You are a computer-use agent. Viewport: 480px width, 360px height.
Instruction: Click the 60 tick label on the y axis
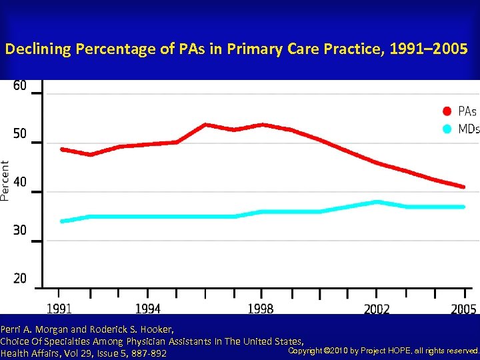(20, 86)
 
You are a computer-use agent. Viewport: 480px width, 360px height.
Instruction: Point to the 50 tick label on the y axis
(20, 134)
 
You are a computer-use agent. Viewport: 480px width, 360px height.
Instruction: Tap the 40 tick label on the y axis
(20, 182)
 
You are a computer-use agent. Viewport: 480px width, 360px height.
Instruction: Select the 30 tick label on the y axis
(20, 230)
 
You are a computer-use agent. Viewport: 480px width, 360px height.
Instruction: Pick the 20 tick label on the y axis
(20, 278)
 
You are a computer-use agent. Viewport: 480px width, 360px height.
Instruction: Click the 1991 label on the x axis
(60, 309)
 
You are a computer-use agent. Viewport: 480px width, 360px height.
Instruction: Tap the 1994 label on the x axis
(148, 309)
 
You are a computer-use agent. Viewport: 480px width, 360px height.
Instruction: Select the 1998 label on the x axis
(260, 309)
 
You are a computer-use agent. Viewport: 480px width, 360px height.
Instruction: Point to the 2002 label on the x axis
(377, 309)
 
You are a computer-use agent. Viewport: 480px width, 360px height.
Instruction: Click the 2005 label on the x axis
(463, 309)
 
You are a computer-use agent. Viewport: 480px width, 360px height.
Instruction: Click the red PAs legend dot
(448, 111)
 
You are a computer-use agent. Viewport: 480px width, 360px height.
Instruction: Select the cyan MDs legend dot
(448, 129)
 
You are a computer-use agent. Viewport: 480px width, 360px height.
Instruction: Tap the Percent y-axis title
(5, 180)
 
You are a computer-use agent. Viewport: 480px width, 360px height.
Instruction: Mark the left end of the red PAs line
(61, 149)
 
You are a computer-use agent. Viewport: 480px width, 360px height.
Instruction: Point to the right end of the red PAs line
(464, 187)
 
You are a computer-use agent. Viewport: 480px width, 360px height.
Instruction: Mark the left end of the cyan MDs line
(61, 221)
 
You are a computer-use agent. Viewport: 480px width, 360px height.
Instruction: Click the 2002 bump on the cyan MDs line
(377, 202)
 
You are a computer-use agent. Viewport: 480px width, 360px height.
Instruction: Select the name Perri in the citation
(11, 329)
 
